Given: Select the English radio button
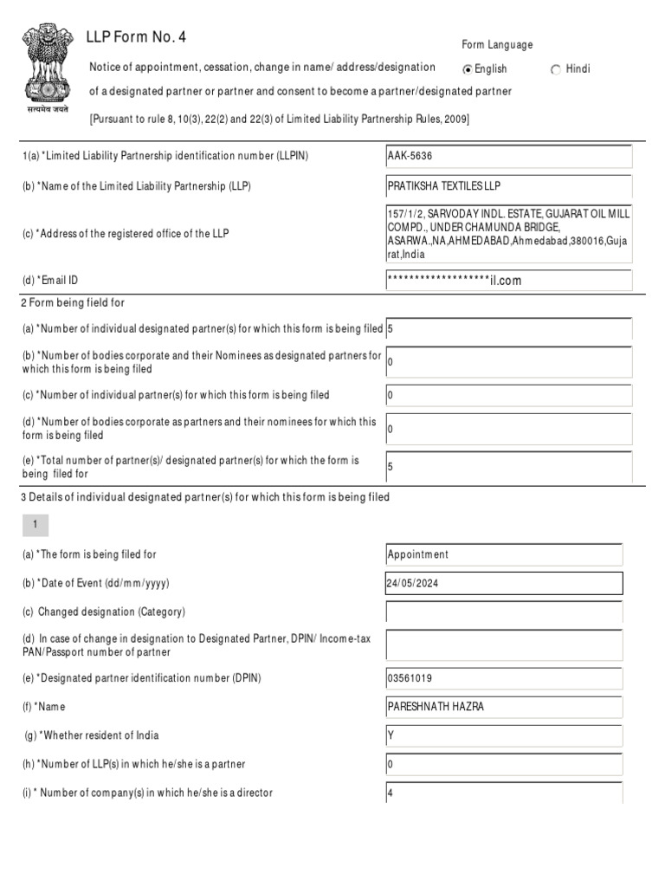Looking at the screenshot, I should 468,69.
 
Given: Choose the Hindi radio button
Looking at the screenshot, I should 556,69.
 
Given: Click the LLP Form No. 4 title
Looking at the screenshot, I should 136,37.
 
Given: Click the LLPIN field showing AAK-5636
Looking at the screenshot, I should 509,157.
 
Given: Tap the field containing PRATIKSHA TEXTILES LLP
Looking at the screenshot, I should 509,187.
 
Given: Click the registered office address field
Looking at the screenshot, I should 509,234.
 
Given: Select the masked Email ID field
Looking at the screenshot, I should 509,281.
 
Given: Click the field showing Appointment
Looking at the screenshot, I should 504,555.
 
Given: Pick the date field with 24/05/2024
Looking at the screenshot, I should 504,584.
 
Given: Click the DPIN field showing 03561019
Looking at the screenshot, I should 504,678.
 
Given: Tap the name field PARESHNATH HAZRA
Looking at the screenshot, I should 504,707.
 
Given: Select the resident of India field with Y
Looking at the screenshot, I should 504,736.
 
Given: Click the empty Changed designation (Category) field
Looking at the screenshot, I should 504,612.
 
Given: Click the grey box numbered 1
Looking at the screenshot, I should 36,525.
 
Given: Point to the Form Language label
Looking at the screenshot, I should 497,45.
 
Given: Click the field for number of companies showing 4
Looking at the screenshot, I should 504,793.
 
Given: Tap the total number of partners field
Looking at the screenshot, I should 509,467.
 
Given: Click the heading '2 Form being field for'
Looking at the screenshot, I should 79,302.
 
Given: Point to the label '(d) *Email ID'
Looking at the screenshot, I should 54,281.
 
